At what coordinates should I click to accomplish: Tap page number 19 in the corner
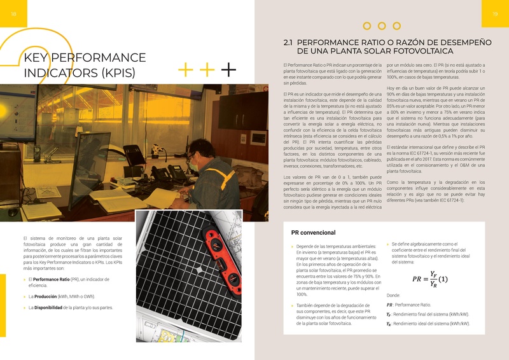[x=494, y=15]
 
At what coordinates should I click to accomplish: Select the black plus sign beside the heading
[x=228, y=69]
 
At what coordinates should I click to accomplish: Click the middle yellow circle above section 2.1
[x=381, y=26]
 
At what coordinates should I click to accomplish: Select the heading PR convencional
[x=312, y=233]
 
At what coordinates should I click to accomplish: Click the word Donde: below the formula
[x=394, y=295]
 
